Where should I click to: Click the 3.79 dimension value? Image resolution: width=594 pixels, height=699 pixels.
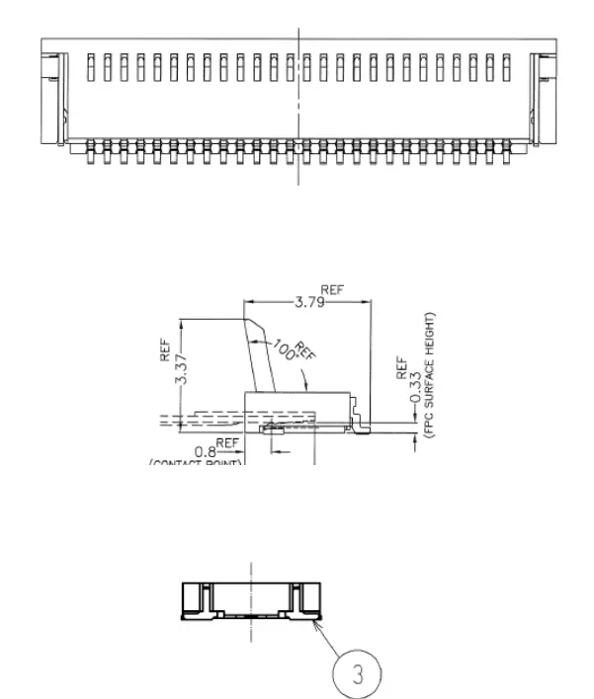click(x=310, y=302)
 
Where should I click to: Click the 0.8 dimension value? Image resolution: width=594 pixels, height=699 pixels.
click(x=206, y=451)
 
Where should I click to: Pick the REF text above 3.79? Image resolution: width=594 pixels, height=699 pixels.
click(x=332, y=290)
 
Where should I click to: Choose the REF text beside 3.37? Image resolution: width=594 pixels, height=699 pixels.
click(x=166, y=350)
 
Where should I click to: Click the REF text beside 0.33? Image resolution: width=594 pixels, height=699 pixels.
click(x=401, y=368)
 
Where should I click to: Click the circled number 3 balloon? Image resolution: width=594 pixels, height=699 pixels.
click(x=357, y=674)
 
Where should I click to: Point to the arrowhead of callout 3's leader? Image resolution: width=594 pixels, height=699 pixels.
click(x=314, y=621)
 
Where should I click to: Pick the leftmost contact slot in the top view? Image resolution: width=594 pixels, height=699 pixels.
click(x=91, y=67)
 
